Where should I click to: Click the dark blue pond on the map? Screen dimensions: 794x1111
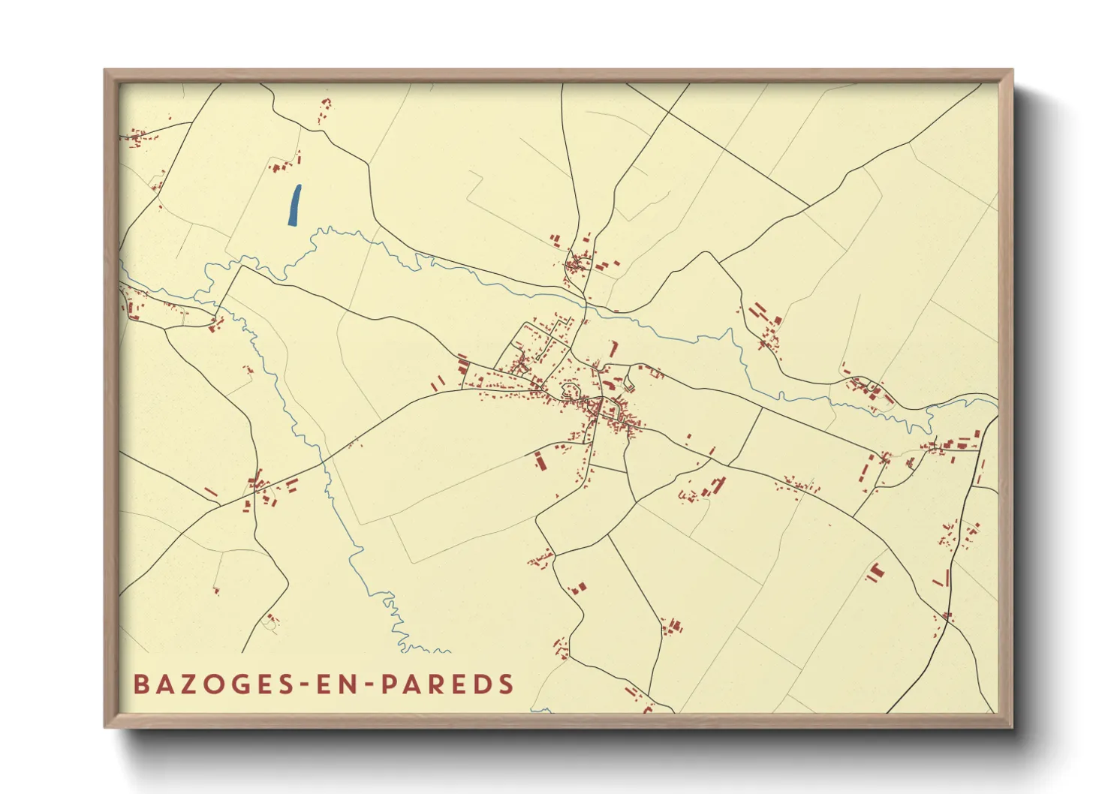point(294,205)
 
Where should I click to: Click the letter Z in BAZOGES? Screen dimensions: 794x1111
point(188,684)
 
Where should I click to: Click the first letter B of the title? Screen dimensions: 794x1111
point(140,684)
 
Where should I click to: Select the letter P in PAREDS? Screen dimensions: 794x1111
point(388,684)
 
